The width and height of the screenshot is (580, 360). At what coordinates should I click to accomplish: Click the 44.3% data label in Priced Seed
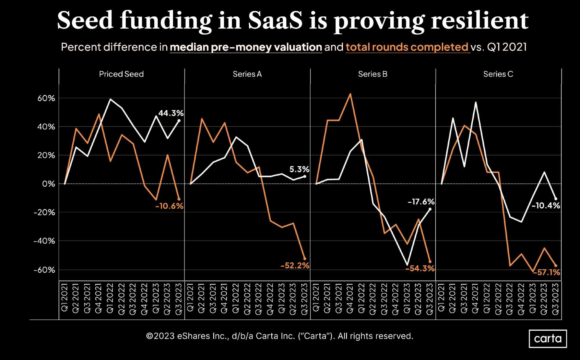pos(171,113)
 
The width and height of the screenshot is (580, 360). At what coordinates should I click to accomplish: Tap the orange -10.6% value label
pos(169,206)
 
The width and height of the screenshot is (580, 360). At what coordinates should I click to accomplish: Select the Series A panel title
pos(247,74)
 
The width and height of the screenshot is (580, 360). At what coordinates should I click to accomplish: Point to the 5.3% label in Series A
pos(299,169)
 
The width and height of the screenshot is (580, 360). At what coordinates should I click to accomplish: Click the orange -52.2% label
pos(294,266)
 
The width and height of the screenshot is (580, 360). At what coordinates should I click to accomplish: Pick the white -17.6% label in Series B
pos(421,202)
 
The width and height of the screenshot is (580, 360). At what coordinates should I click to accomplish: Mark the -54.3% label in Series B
pos(420,269)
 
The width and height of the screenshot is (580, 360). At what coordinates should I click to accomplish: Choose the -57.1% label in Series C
pos(546,272)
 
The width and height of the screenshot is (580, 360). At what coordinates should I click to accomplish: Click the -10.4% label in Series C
pos(545,206)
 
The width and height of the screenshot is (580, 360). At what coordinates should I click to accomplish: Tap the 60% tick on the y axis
pos(46,98)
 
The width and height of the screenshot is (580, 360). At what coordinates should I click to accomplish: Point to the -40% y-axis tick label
pos(44,241)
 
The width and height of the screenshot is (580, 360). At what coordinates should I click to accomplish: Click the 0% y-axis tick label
pos(48,184)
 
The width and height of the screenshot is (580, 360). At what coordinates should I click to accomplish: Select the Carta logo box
pos(548,339)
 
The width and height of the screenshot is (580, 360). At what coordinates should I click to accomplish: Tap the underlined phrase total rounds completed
pos(407,47)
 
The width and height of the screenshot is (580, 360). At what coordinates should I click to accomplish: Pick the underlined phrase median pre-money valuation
pos(246,47)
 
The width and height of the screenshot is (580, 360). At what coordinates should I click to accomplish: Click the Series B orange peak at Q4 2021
pos(350,94)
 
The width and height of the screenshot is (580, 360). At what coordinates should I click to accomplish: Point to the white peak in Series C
pos(476,102)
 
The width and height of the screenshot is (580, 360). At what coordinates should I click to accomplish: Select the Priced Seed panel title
pos(121,74)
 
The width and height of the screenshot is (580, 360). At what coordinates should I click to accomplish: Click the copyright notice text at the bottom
pos(279,336)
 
